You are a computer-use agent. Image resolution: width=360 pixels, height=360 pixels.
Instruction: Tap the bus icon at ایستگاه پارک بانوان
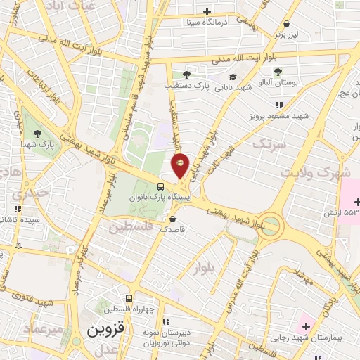click(x=161, y=186)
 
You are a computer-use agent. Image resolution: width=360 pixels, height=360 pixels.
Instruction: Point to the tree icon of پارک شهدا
click(x=37, y=133)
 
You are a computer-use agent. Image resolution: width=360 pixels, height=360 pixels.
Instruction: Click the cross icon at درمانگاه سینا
click(x=207, y=11)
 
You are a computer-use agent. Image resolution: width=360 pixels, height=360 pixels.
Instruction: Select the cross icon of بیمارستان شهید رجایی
click(x=306, y=327)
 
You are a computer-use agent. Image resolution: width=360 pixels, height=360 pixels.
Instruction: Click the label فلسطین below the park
click(x=131, y=227)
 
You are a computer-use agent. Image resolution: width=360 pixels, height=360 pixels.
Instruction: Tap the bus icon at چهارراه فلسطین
click(x=128, y=298)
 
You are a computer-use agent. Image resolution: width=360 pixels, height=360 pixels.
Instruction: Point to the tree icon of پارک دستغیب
click(x=186, y=74)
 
